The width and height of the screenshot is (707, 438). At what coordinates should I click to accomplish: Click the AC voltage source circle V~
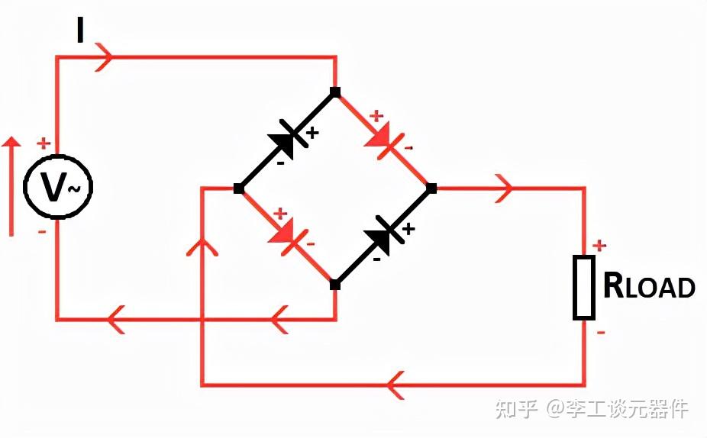(57, 187)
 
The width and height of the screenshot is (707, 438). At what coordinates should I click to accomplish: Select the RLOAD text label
(649, 286)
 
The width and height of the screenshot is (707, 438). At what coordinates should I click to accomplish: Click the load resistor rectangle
(584, 288)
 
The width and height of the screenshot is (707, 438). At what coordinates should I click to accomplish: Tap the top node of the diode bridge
(335, 92)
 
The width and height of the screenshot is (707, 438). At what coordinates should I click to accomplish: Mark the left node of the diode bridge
(239, 188)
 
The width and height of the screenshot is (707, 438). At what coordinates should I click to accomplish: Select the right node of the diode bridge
(431, 188)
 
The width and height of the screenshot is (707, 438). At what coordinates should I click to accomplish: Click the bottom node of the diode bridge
(335, 285)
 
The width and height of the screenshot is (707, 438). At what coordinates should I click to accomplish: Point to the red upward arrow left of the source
(11, 187)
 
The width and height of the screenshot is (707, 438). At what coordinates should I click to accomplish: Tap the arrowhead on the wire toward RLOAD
(503, 188)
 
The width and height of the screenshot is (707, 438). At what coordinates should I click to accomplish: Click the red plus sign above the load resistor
(600, 245)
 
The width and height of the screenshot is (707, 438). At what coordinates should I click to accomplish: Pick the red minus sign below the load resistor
(601, 333)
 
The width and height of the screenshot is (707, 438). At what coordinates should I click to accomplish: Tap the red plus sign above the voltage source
(44, 143)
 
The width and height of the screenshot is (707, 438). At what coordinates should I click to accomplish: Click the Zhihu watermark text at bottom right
(592, 409)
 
